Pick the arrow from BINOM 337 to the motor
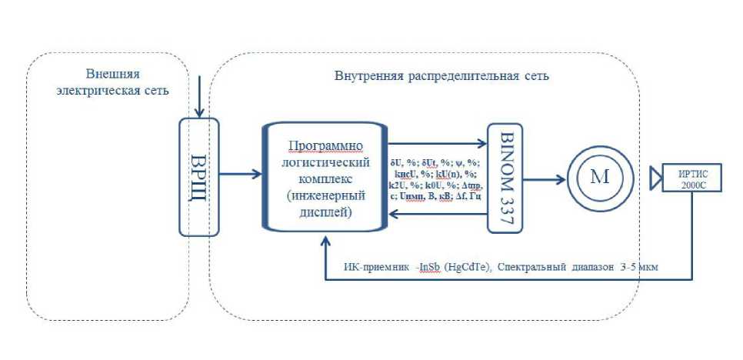[x=542, y=179]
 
